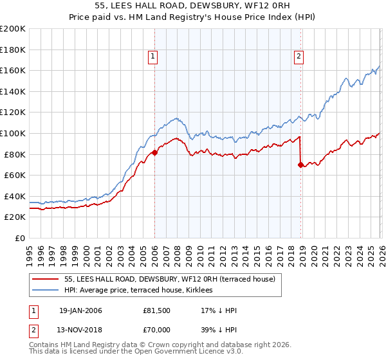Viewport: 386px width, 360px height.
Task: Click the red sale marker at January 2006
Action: (x=154, y=153)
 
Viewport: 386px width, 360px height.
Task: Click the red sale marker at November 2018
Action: (x=300, y=165)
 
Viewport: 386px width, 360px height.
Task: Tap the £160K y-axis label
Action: (x=13, y=70)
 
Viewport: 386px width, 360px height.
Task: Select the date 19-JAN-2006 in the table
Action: (x=80, y=310)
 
